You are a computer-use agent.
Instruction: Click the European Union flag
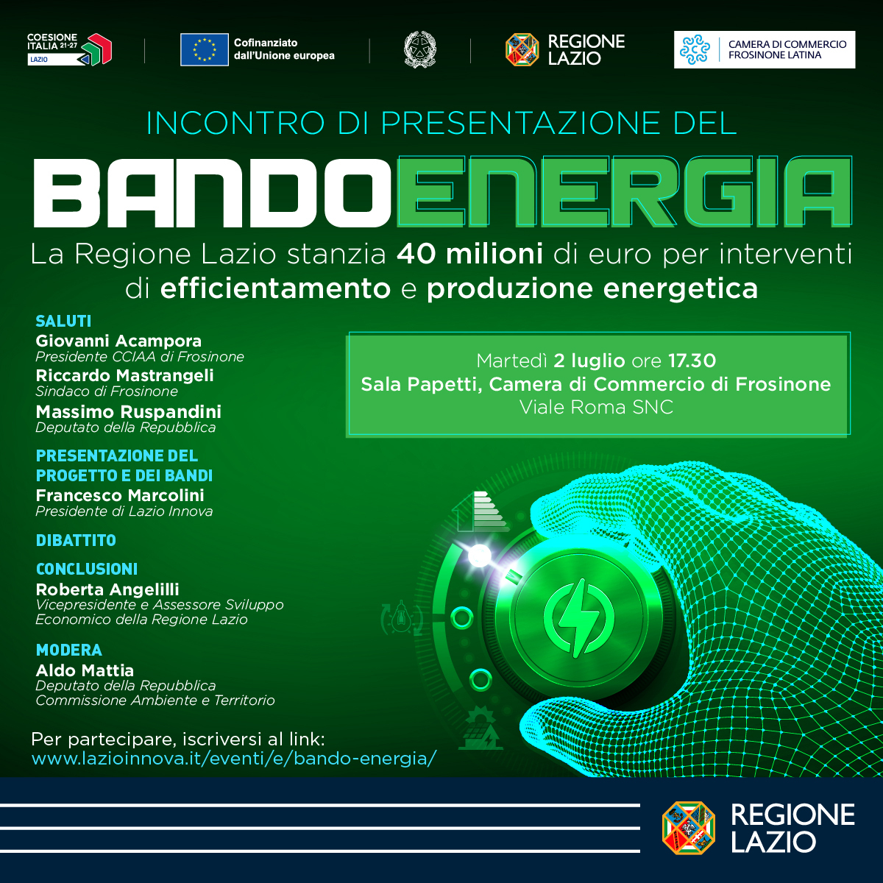coord(205,49)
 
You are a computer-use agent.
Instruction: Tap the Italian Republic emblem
coord(419,49)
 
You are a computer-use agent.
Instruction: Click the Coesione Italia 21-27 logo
coord(69,49)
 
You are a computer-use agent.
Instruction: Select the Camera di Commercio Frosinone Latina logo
coord(765,49)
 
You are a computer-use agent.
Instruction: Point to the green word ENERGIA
coord(624,191)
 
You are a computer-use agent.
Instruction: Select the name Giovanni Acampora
coord(118,341)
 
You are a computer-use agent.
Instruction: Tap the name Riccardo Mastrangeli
coord(124,376)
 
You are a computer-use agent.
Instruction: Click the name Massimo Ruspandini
coord(128,412)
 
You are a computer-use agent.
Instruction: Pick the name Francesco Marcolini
coord(120,495)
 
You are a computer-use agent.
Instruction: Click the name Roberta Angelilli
coord(107,589)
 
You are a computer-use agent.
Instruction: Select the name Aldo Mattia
coord(85,671)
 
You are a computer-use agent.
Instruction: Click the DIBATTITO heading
coord(76,541)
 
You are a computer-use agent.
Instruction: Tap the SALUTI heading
coord(64,322)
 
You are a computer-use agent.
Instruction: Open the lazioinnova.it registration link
coord(234,759)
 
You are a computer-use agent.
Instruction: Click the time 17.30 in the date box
coord(692,361)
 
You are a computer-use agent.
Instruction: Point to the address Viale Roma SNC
coord(597,407)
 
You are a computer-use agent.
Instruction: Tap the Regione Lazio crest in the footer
coord(689,828)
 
